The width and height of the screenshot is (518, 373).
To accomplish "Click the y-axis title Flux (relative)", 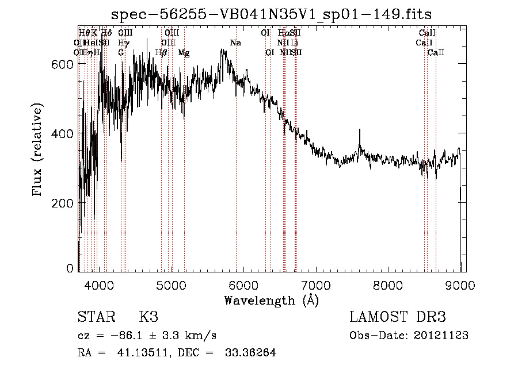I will pos(38,149).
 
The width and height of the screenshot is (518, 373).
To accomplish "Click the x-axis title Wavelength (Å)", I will pos(272,300).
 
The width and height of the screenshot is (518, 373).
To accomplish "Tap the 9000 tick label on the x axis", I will pos(461,285).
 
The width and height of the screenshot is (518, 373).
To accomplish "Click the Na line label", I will pos(235,43).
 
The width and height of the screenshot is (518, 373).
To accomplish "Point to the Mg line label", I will pos(184,53).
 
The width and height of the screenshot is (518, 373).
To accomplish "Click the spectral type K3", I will pos(148,317).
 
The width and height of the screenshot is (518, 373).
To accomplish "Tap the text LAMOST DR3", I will pos(398,317).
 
